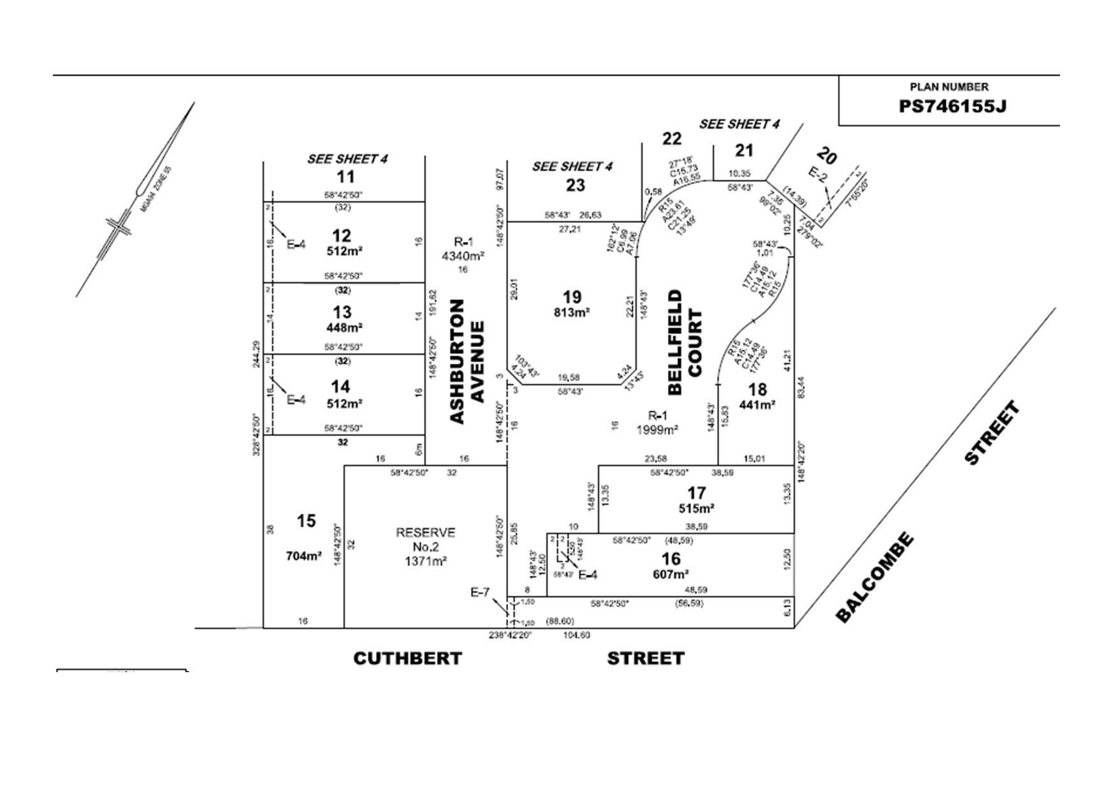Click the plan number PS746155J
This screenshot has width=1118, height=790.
(952, 106)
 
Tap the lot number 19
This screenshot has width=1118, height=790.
(572, 297)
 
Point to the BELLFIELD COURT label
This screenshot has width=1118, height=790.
(685, 342)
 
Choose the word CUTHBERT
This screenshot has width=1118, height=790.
(407, 658)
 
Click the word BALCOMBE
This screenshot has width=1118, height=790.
(875, 577)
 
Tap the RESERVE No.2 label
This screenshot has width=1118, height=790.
(426, 540)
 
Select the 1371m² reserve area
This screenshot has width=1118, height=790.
(426, 561)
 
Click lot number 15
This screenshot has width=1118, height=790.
(306, 521)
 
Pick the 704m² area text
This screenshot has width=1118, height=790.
(303, 556)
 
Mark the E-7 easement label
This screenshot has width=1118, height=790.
(479, 592)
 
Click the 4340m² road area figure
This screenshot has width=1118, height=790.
(463, 256)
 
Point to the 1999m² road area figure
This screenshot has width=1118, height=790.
(657, 430)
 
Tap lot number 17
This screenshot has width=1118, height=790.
(696, 492)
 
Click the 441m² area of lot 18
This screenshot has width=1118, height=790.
(757, 405)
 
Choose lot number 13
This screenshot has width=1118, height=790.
(342, 312)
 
